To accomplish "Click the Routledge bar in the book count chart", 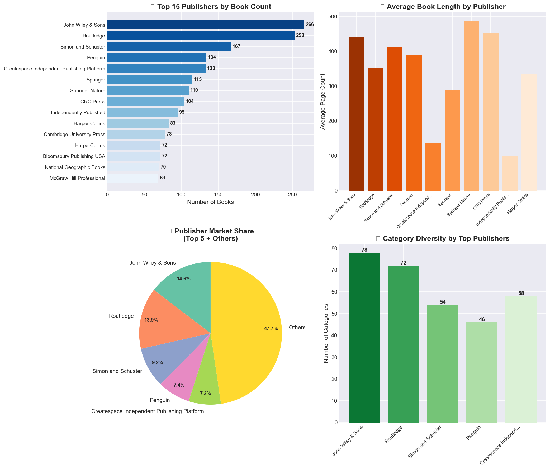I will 201,36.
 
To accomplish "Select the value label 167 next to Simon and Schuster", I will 236,47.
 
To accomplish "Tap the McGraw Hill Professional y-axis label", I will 77,178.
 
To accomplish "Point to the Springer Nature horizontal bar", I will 148,90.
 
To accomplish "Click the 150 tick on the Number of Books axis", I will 218,195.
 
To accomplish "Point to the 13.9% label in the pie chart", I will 151,320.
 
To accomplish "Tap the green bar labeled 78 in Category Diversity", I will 364,337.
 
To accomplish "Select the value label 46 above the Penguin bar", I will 482,320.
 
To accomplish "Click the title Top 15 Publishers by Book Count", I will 214,7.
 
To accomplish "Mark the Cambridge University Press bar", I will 136,134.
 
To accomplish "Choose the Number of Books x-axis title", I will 210,202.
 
